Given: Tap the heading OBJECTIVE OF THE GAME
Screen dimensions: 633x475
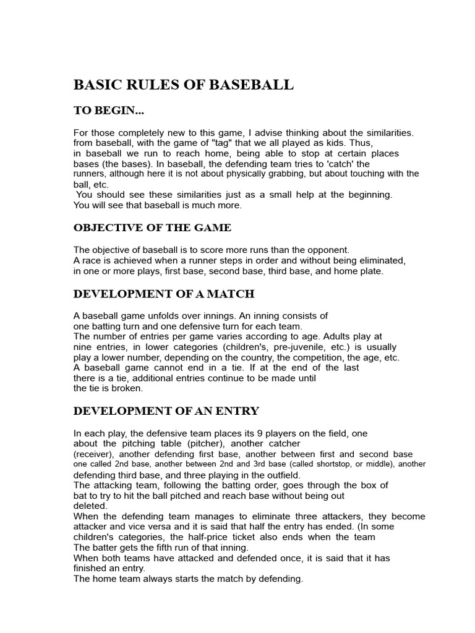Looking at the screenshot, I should click(152, 227).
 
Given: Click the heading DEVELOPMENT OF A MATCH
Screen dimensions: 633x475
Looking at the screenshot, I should click(164, 293).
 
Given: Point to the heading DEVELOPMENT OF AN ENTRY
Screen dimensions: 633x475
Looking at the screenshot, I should click(166, 410).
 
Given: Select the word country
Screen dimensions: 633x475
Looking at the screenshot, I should click(255, 357).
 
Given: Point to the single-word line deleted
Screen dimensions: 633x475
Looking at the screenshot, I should click(90, 506).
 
